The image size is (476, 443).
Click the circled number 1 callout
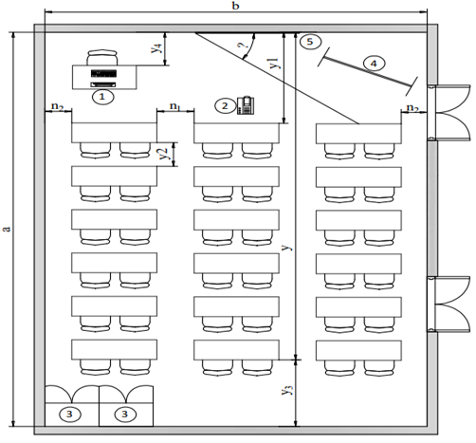[102, 97]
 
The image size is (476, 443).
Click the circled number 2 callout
[225, 106]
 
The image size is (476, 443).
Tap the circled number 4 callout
[374, 64]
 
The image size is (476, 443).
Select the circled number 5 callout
[310, 42]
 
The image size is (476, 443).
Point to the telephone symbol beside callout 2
[246, 105]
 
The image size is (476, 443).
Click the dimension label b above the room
[235, 6]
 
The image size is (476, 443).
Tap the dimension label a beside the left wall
[7, 229]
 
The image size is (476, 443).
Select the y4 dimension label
[156, 47]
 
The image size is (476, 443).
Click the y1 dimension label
[274, 63]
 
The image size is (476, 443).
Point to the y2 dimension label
[163, 154]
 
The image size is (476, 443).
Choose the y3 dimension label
[287, 390]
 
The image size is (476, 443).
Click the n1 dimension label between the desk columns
[175, 106]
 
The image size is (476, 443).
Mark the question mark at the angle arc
[243, 46]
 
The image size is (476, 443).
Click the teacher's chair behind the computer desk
[102, 58]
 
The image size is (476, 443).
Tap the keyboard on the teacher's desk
[102, 84]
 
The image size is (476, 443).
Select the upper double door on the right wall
[449, 112]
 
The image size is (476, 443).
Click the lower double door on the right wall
[449, 304]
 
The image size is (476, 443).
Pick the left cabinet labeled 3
[72, 406]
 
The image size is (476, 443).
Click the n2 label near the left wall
[58, 106]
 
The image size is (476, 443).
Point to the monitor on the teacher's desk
[103, 73]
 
